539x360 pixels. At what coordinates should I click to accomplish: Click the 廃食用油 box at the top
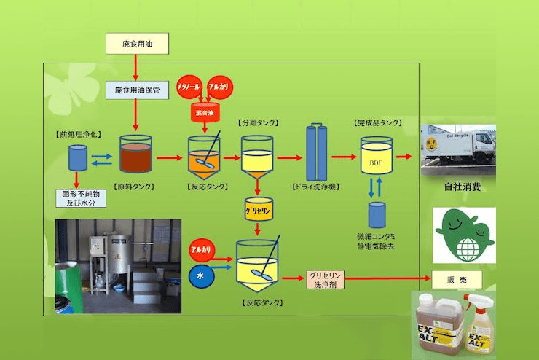[x=137, y=43]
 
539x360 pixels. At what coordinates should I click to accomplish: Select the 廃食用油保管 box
[x=137, y=90]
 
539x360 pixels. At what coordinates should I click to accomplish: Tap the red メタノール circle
[x=193, y=86]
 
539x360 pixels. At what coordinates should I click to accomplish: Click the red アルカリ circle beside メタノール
[x=220, y=86]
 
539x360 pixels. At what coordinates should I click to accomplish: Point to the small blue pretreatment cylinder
[x=77, y=157]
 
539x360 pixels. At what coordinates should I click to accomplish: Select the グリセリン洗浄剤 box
[x=325, y=281]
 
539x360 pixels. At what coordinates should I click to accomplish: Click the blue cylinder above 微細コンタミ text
[x=376, y=214]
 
